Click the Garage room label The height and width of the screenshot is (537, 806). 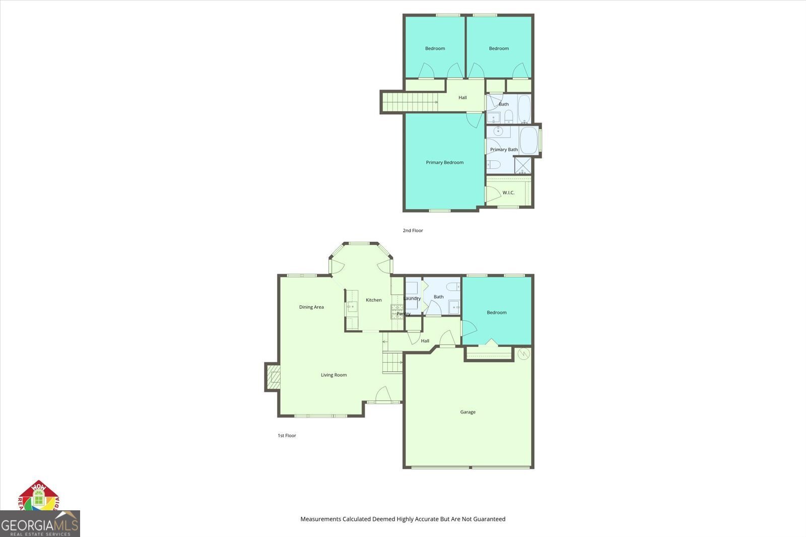(x=467, y=412)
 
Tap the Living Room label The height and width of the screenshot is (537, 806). (x=333, y=375)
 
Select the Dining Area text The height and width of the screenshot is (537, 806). (x=311, y=307)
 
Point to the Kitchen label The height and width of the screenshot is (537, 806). (x=373, y=300)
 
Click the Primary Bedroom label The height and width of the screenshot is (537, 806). (x=444, y=162)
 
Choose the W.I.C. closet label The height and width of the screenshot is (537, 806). (x=508, y=192)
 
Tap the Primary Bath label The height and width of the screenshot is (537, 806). (x=504, y=150)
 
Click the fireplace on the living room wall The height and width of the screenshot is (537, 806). (x=273, y=377)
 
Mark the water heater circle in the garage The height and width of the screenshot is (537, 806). (x=524, y=354)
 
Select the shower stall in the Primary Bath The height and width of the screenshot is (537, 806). (x=522, y=166)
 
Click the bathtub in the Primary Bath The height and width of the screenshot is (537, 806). (x=528, y=140)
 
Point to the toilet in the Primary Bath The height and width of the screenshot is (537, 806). (x=494, y=164)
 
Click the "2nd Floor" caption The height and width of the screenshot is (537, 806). (x=413, y=230)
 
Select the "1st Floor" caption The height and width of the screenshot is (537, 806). (x=287, y=435)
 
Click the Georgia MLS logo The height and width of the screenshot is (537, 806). (x=39, y=524)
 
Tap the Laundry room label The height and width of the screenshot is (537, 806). (x=412, y=298)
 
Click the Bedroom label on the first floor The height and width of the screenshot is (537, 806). (x=496, y=312)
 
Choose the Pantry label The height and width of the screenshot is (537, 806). (x=403, y=314)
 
